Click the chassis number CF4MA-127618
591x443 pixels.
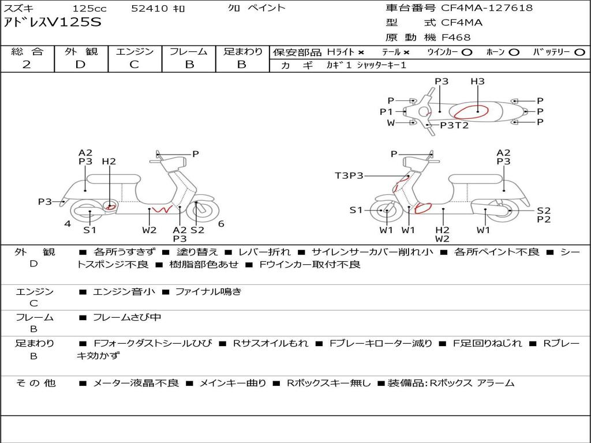487,7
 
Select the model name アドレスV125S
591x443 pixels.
53,22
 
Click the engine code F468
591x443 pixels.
456,37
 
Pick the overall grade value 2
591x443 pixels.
27,65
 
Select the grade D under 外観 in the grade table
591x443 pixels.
80,65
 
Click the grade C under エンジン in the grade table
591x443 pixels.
134,65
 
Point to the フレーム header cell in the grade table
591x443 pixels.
189,51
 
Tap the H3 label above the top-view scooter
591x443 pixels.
477,81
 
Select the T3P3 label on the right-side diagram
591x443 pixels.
349,175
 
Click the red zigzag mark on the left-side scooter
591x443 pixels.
162,209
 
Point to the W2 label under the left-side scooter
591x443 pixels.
149,230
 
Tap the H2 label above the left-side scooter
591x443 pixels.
109,162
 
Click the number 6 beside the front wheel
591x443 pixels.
221,224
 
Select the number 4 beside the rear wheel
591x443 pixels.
68,224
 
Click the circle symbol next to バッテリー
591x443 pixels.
579,52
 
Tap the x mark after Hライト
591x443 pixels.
361,52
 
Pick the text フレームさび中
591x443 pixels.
127,317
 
